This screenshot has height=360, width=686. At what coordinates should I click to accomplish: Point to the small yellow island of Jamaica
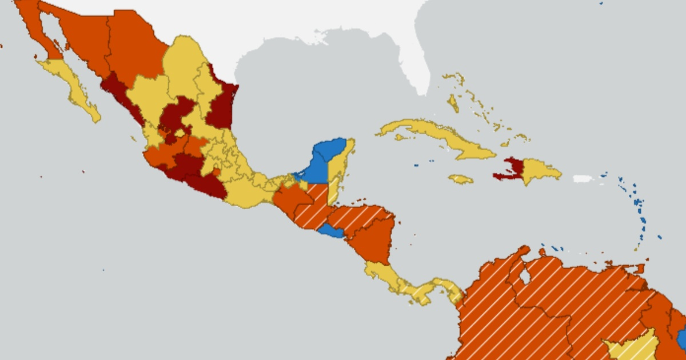tap(461, 179)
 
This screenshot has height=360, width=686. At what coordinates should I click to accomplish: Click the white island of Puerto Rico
tap(583, 178)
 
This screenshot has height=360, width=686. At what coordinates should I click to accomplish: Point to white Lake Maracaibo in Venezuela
tap(524, 276)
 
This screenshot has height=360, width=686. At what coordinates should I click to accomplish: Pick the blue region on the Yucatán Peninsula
tap(323, 160)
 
